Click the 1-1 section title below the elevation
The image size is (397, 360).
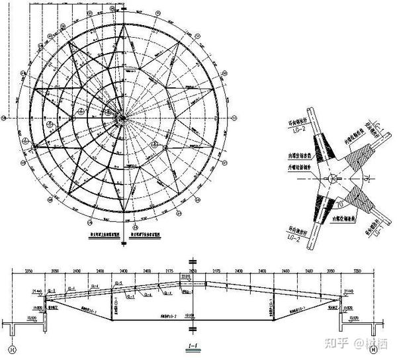(x=193, y=346)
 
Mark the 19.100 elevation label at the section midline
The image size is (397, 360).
(x=190, y=316)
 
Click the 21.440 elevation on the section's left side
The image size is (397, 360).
(x=36, y=291)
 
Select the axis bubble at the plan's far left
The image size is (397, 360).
(x=5, y=118)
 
